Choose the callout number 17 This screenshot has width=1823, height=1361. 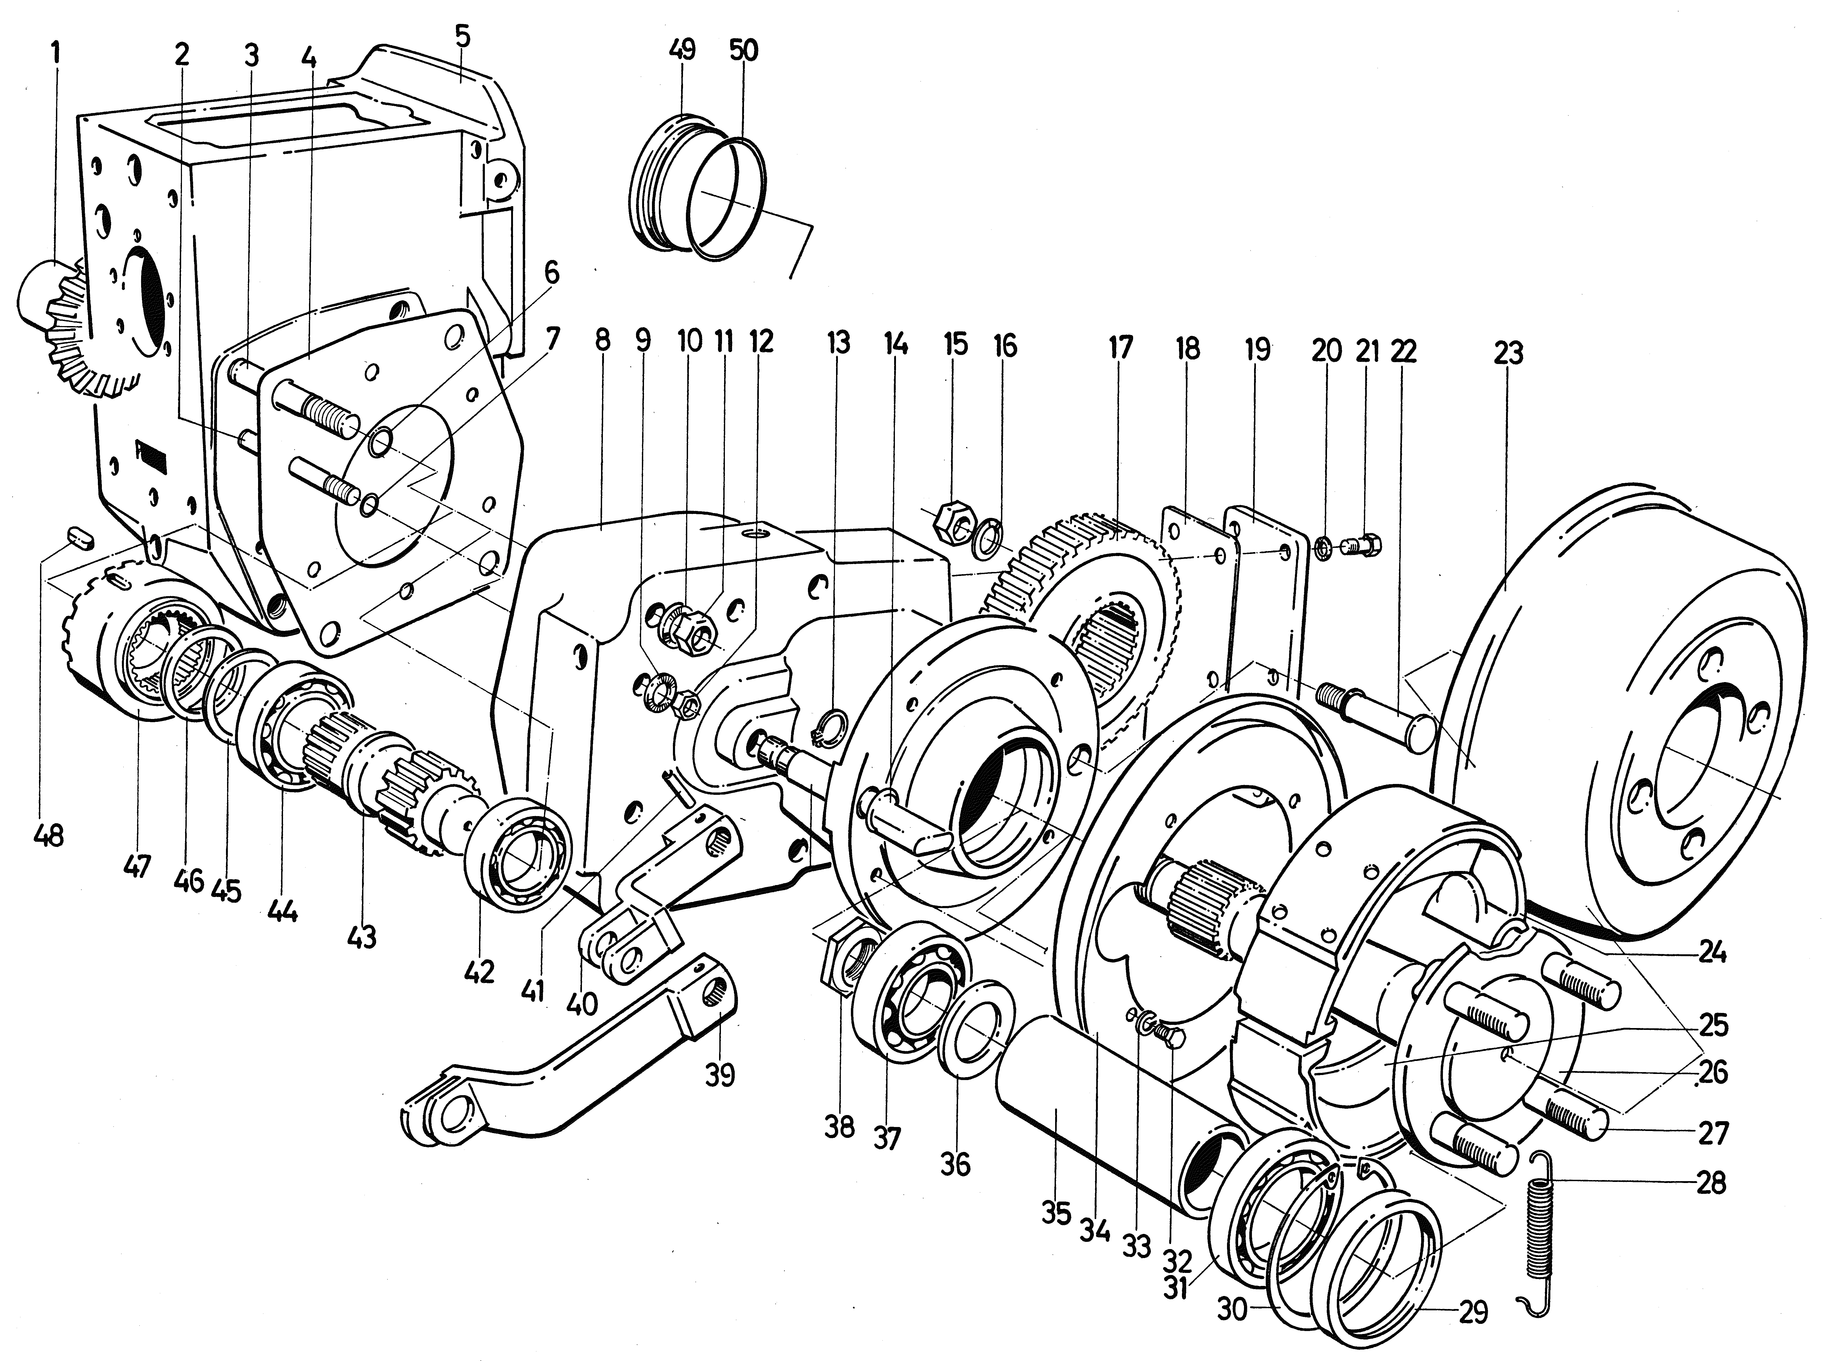(1120, 347)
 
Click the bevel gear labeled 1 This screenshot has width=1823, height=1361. (78, 330)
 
